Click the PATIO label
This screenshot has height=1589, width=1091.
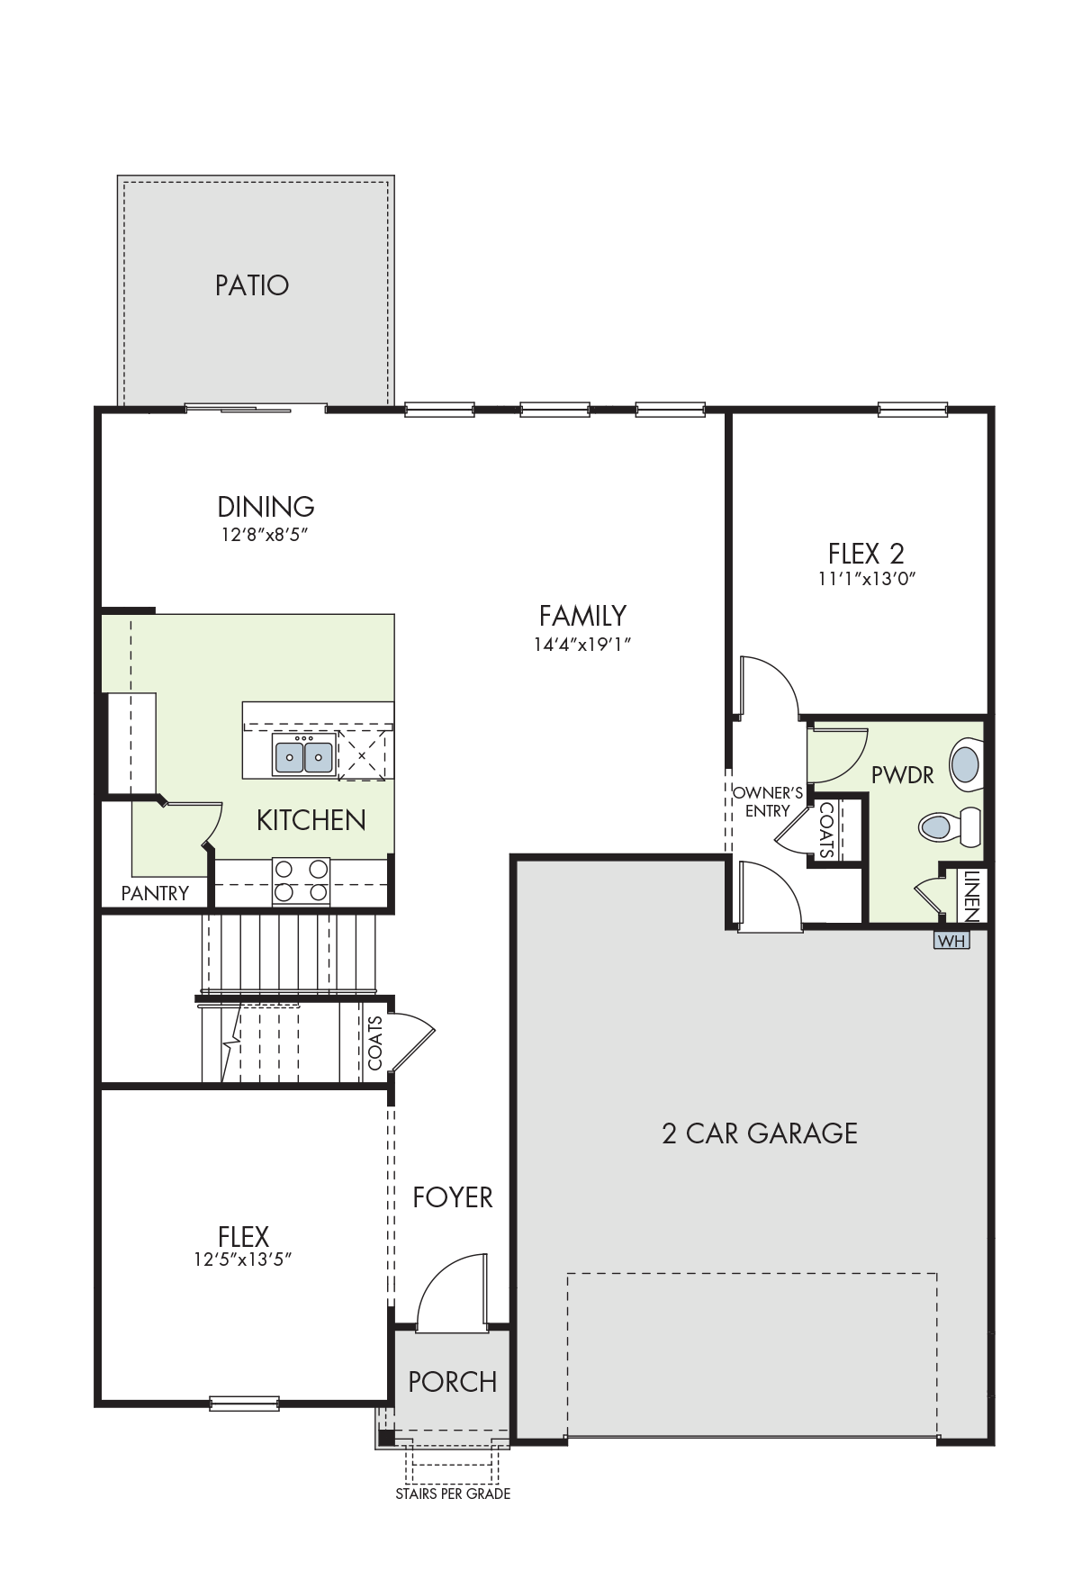pos(252,285)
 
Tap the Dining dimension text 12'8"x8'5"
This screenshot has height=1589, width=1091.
pos(266,535)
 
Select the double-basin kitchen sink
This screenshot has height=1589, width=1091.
pos(304,754)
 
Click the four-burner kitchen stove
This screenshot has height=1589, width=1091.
pos(302,881)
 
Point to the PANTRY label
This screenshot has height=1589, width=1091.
pos(155,893)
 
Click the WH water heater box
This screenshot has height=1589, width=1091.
pos(951,941)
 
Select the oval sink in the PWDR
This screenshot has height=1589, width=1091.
pos(965,764)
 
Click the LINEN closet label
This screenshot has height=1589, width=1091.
pos(971,895)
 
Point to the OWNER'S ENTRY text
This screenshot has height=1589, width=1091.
pos(768,802)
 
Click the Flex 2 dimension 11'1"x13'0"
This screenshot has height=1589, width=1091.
pos(867,579)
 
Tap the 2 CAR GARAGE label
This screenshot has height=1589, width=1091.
pos(760,1133)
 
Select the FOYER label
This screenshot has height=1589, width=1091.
pos(453,1197)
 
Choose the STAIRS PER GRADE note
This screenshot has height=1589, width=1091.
pos(453,1494)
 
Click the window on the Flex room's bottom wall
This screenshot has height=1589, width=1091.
pos(244,1403)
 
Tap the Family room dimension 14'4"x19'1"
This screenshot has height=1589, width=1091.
pos(582,645)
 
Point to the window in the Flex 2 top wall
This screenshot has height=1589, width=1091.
pos(913,410)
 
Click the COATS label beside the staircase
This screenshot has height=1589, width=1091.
pos(375,1043)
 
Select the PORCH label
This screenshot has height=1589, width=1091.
pos(453,1382)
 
